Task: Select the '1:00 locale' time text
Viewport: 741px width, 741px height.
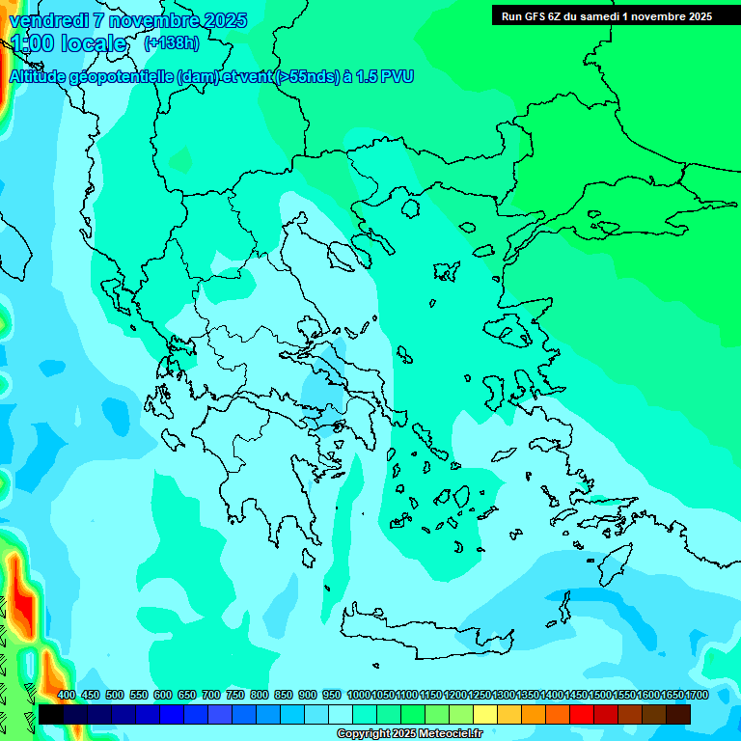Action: (69, 43)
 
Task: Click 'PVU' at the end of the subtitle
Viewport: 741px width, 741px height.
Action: (398, 76)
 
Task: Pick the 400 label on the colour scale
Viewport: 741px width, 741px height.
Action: (67, 695)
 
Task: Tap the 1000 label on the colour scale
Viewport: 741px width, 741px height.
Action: (358, 695)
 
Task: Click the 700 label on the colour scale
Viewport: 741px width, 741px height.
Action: (211, 695)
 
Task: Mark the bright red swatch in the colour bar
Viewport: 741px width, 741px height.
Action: (582, 714)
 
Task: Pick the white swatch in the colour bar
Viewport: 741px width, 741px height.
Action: (341, 714)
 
